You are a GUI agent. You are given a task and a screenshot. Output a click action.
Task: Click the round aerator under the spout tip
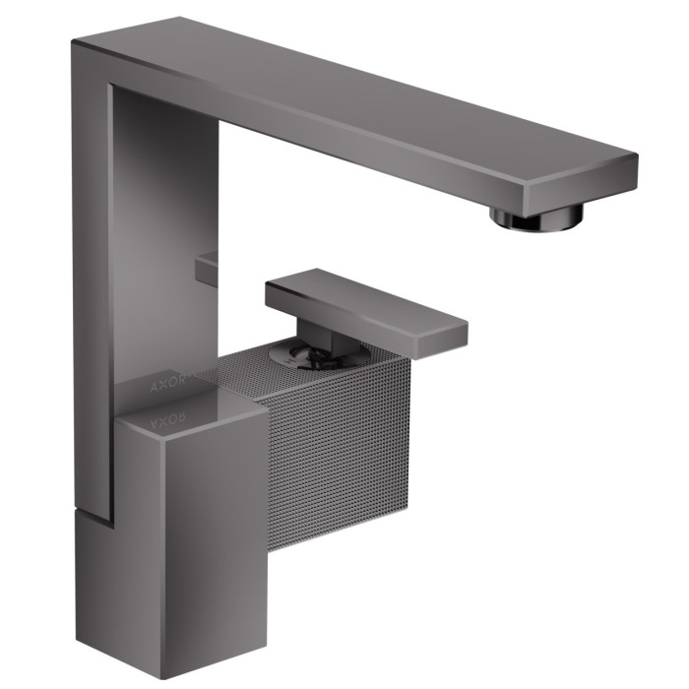tap(537, 218)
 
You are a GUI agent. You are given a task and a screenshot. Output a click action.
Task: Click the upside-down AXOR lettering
tap(168, 420)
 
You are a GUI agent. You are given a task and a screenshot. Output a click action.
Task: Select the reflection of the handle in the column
tap(207, 269)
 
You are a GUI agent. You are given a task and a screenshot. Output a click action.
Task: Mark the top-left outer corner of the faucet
tap(72, 41)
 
